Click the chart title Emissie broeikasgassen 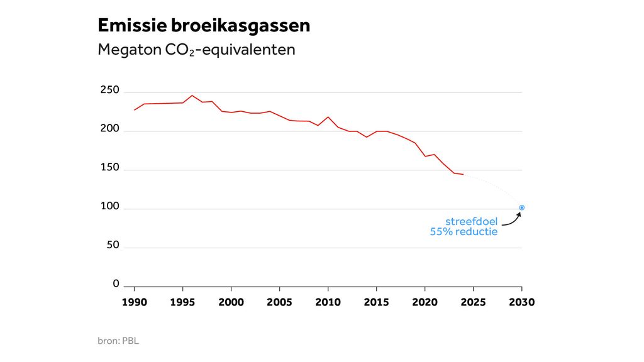[x=204, y=25]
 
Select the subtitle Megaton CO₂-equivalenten [x=196, y=50]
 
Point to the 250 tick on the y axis [x=109, y=90]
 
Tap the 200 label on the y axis [x=109, y=129]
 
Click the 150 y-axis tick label [x=109, y=168]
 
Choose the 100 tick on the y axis [x=109, y=207]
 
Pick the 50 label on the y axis [x=113, y=245]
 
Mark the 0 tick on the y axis [x=116, y=284]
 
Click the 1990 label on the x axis [x=134, y=302]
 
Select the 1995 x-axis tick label [x=182, y=302]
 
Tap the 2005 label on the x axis [x=279, y=302]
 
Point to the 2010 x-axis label [x=328, y=302]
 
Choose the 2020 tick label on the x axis [x=425, y=302]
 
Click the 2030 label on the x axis [x=521, y=302]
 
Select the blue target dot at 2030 [x=521, y=207]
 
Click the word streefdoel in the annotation [x=471, y=221]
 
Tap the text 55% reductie [x=464, y=232]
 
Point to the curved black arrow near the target [x=512, y=219]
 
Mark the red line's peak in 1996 [x=192, y=96]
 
